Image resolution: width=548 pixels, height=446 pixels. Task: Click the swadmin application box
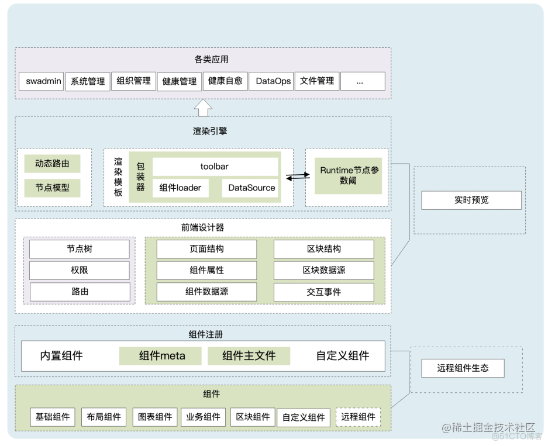tap(43, 81)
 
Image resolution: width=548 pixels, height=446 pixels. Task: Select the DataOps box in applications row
tap(273, 81)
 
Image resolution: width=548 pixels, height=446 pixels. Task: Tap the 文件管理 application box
tap(317, 81)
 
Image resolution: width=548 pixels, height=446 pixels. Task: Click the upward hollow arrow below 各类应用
tap(203, 107)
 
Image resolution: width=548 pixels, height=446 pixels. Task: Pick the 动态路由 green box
tap(52, 164)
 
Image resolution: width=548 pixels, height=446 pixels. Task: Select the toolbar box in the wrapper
tap(215, 167)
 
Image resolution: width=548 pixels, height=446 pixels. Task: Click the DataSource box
tap(251, 188)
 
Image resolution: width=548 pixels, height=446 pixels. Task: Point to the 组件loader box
tap(180, 188)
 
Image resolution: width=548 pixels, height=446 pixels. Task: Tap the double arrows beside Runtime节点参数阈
tap(298, 177)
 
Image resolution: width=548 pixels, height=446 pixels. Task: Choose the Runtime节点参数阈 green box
tap(348, 175)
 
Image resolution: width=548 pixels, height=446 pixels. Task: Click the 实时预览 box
tap(471, 200)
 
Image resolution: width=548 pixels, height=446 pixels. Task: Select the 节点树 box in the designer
tap(79, 249)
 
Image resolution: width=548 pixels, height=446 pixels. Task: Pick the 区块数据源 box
tap(323, 270)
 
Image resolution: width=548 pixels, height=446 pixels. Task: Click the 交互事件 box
tap(323, 292)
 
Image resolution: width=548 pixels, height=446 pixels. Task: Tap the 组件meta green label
tap(160, 355)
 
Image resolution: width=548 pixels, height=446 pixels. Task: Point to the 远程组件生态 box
tap(462, 368)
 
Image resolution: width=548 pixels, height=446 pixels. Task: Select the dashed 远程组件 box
tap(358, 417)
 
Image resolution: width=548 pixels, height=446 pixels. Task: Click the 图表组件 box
tap(155, 417)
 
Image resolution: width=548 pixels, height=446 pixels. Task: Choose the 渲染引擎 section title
tap(209, 132)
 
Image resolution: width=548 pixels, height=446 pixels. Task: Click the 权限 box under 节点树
tap(79, 270)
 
